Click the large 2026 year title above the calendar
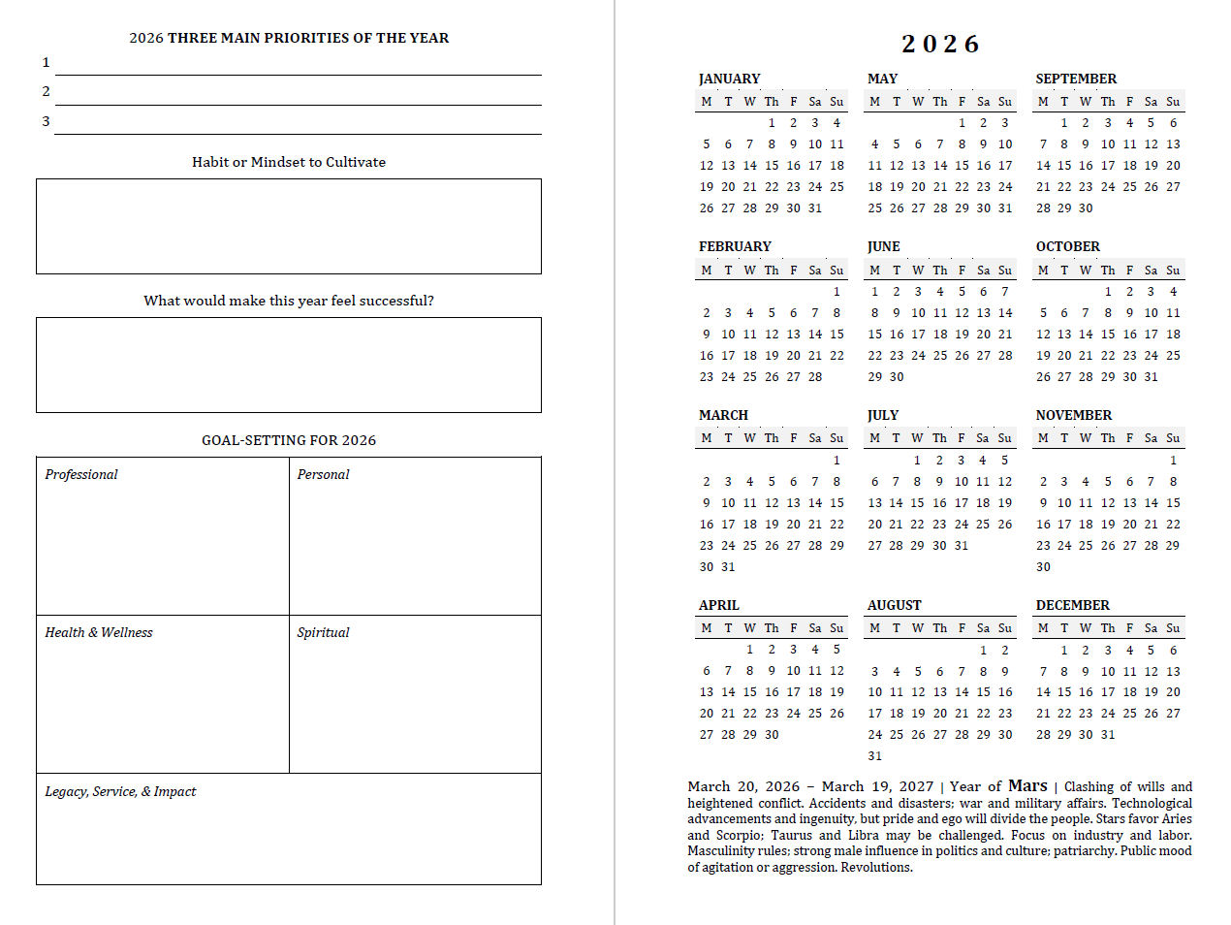pyautogui.click(x=940, y=45)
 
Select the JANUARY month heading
pyautogui.click(x=729, y=79)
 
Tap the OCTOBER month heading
pyautogui.click(x=1067, y=246)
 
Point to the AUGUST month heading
pyautogui.click(x=894, y=605)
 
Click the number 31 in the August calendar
pyautogui.click(x=874, y=756)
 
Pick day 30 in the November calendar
pyautogui.click(x=1043, y=567)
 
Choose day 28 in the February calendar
pyautogui.click(x=815, y=377)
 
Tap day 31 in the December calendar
pyautogui.click(x=1108, y=735)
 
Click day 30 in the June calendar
pyautogui.click(x=897, y=377)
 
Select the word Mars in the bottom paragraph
pyautogui.click(x=1027, y=785)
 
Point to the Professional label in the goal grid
pyautogui.click(x=81, y=474)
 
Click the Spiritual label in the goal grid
pyautogui.click(x=323, y=632)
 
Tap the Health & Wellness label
pyautogui.click(x=99, y=632)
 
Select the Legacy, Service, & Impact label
pyautogui.click(x=120, y=791)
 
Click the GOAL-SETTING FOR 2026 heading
pyautogui.click(x=289, y=440)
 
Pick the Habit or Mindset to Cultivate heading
pyautogui.click(x=289, y=162)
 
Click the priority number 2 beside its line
pyautogui.click(x=46, y=91)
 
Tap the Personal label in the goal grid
pyautogui.click(x=323, y=474)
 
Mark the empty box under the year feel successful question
pyautogui.click(x=289, y=365)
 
